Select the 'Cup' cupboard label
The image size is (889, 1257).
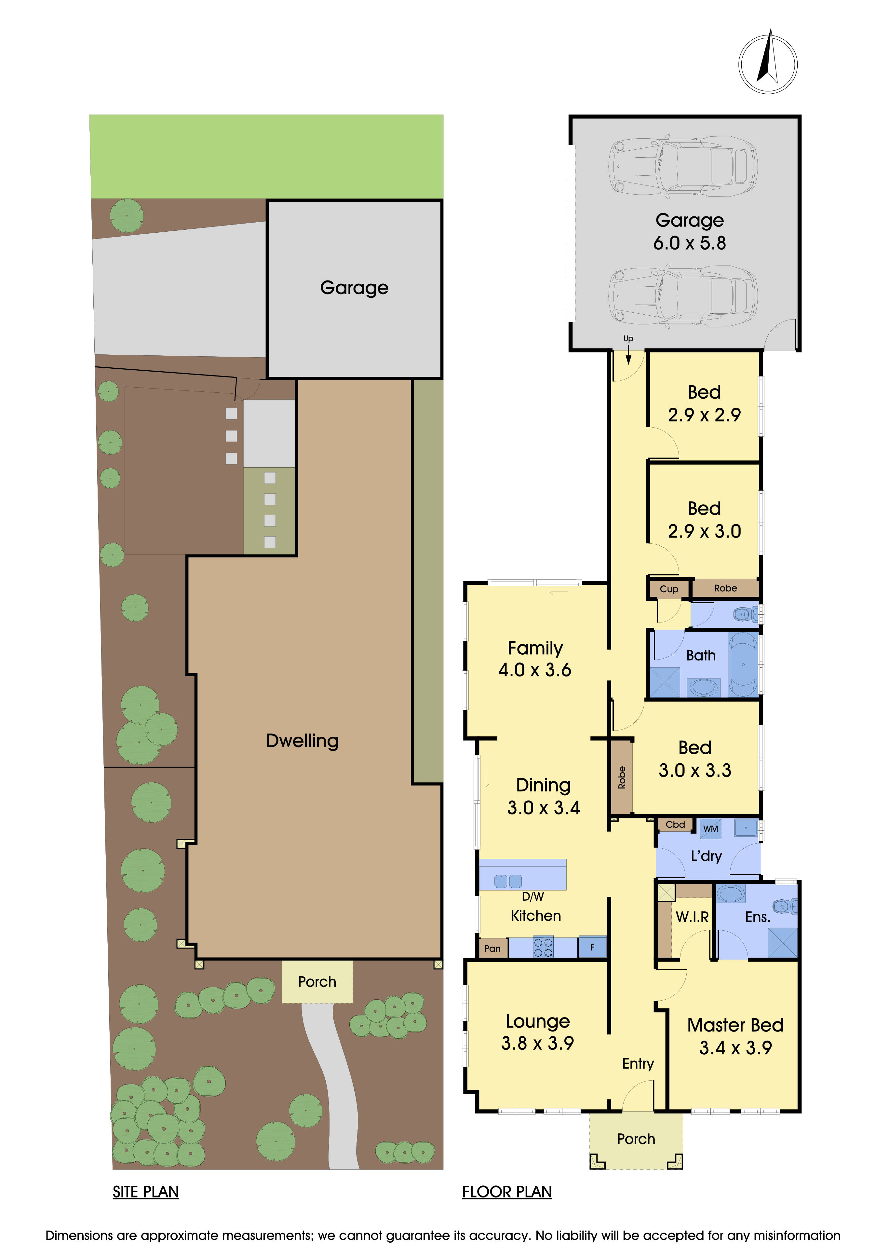pos(668,589)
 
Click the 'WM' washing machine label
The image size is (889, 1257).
pos(710,828)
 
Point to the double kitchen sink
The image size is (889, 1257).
pos(508,881)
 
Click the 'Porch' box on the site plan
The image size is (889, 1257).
pos(317,982)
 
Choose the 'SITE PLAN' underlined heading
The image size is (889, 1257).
pos(146,1192)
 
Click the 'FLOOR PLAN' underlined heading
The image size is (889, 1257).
pos(507,1192)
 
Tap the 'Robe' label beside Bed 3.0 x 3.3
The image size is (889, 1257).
pos(621,777)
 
